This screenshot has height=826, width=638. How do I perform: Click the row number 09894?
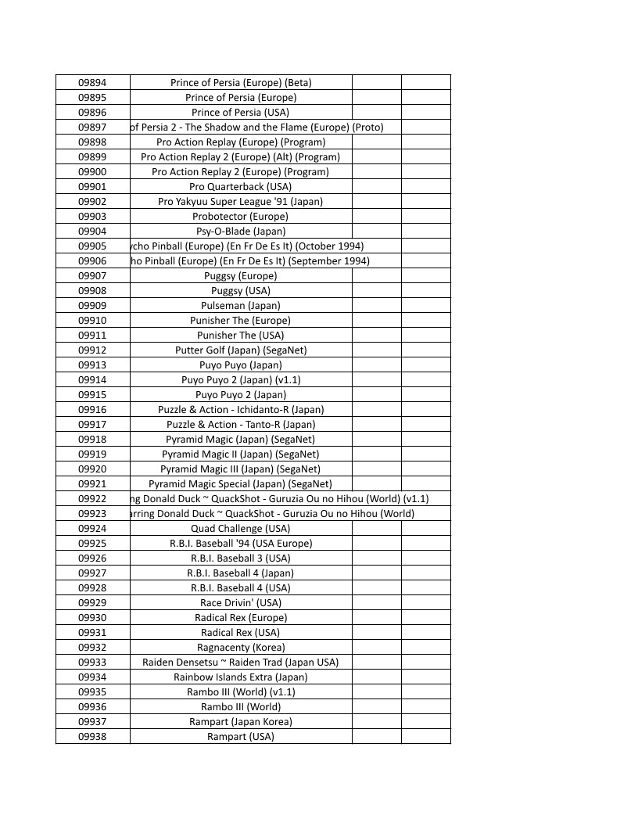click(x=92, y=82)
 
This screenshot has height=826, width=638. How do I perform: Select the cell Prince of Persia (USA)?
click(x=241, y=112)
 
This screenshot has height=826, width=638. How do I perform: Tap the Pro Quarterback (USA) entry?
click(x=241, y=186)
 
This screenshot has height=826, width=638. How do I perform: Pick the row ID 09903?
click(x=92, y=216)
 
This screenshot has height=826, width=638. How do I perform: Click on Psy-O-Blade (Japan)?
click(x=241, y=231)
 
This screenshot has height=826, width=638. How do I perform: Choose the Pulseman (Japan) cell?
click(x=241, y=305)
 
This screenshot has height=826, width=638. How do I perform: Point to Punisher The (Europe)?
click(x=241, y=320)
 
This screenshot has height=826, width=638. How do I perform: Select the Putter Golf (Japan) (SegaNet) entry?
click(x=241, y=350)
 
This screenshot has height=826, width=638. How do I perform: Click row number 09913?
click(x=92, y=365)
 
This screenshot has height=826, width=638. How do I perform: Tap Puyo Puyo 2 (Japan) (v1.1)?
click(x=241, y=379)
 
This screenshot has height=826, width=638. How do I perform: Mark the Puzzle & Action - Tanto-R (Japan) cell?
click(x=241, y=424)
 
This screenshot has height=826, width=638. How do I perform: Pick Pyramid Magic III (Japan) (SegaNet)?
click(x=241, y=469)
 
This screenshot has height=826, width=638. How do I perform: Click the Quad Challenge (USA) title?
click(x=241, y=528)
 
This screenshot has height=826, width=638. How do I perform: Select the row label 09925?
click(x=92, y=543)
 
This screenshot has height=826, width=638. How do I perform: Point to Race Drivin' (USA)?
click(x=241, y=602)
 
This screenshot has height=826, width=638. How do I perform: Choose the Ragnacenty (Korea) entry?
click(x=241, y=647)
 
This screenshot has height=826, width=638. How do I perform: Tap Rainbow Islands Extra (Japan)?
click(x=241, y=677)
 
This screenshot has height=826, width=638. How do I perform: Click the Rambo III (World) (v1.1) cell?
click(x=241, y=691)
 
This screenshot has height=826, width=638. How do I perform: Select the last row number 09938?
click(x=92, y=736)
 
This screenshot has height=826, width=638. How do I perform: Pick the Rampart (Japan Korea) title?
click(x=241, y=721)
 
